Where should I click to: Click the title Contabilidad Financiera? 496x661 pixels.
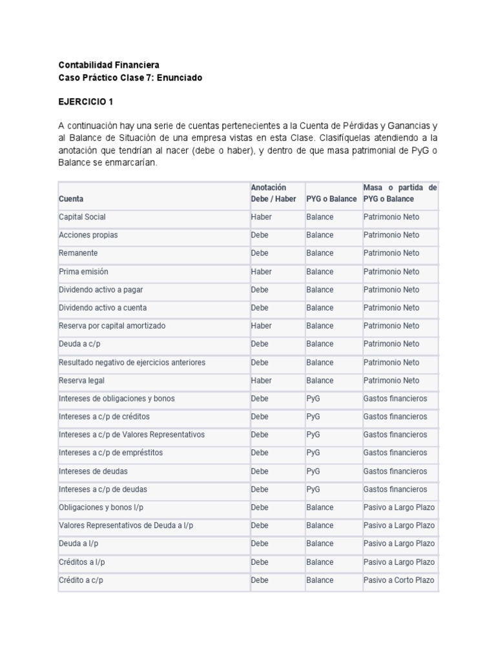pos(108,65)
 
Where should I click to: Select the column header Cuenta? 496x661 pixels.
pos(71,199)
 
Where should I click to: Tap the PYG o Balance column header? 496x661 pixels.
pos(331,199)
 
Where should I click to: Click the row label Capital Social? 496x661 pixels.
pos(82,217)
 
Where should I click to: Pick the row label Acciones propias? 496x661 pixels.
pos(88,235)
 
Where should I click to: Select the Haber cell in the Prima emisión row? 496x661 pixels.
pos(261,272)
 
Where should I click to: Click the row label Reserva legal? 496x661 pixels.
pos(81,380)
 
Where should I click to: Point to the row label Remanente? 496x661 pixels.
pos(78,253)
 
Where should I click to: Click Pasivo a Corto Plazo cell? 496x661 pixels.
pos(398,580)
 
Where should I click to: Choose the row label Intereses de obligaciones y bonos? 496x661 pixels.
pos(116,398)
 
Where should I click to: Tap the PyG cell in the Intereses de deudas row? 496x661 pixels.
pos(313,471)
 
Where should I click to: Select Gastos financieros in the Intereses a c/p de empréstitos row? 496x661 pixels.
pos(395,453)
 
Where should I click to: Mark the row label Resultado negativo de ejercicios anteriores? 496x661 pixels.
pos(132,362)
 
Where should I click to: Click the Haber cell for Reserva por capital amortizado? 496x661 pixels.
pos(261,326)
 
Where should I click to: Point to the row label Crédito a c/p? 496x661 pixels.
pos(81,580)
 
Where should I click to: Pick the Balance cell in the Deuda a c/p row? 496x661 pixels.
pos(320,344)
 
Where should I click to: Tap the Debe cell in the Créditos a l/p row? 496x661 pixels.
pos(260,562)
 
